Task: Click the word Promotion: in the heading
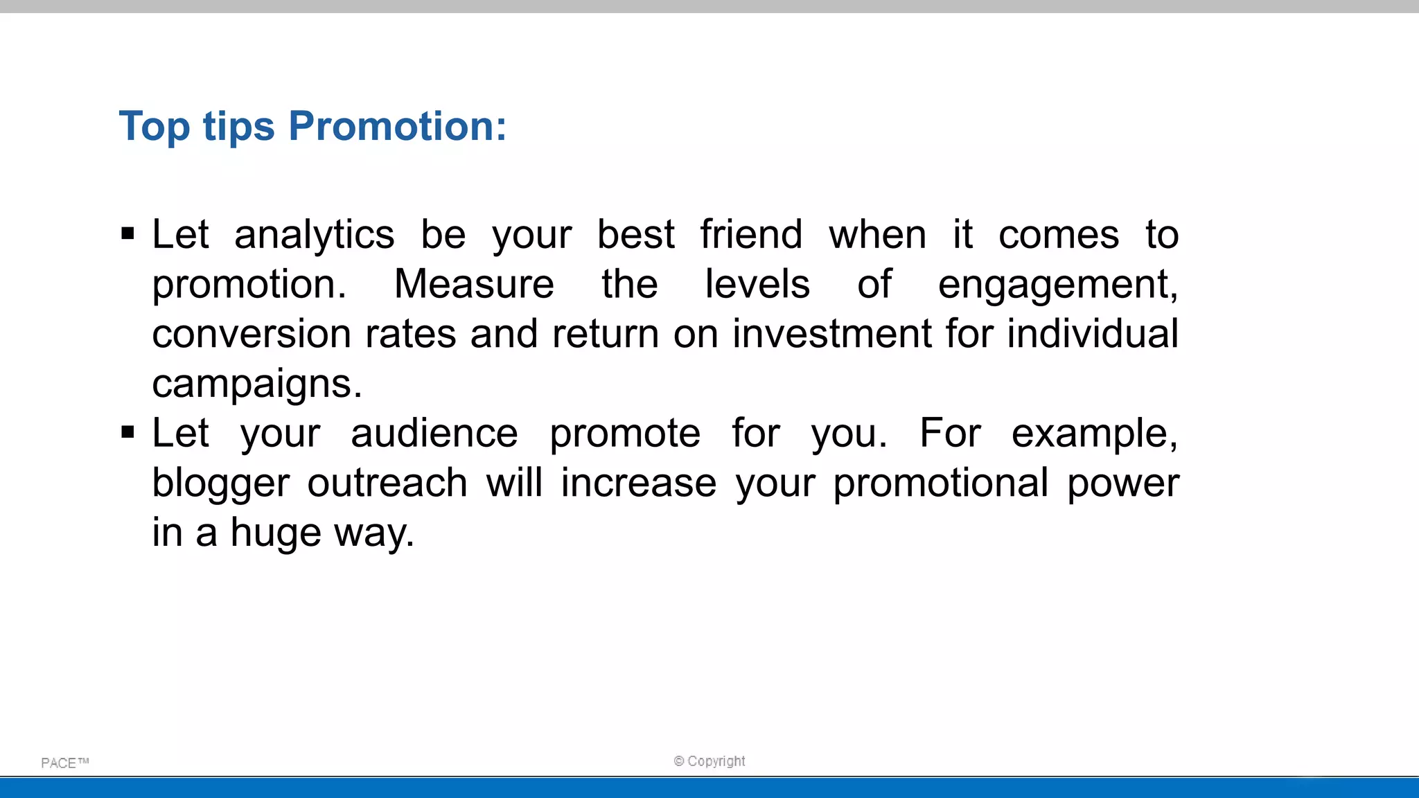point(397,126)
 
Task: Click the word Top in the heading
point(154,126)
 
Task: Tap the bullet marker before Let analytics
point(127,233)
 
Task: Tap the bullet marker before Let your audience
point(127,433)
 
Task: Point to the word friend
point(751,234)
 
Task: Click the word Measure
point(474,284)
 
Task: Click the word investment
point(831,334)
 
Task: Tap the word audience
point(434,434)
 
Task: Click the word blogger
point(220,484)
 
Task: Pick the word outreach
point(387,483)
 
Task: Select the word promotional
point(940,484)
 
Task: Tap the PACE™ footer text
point(64,763)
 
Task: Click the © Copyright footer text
point(709,761)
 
